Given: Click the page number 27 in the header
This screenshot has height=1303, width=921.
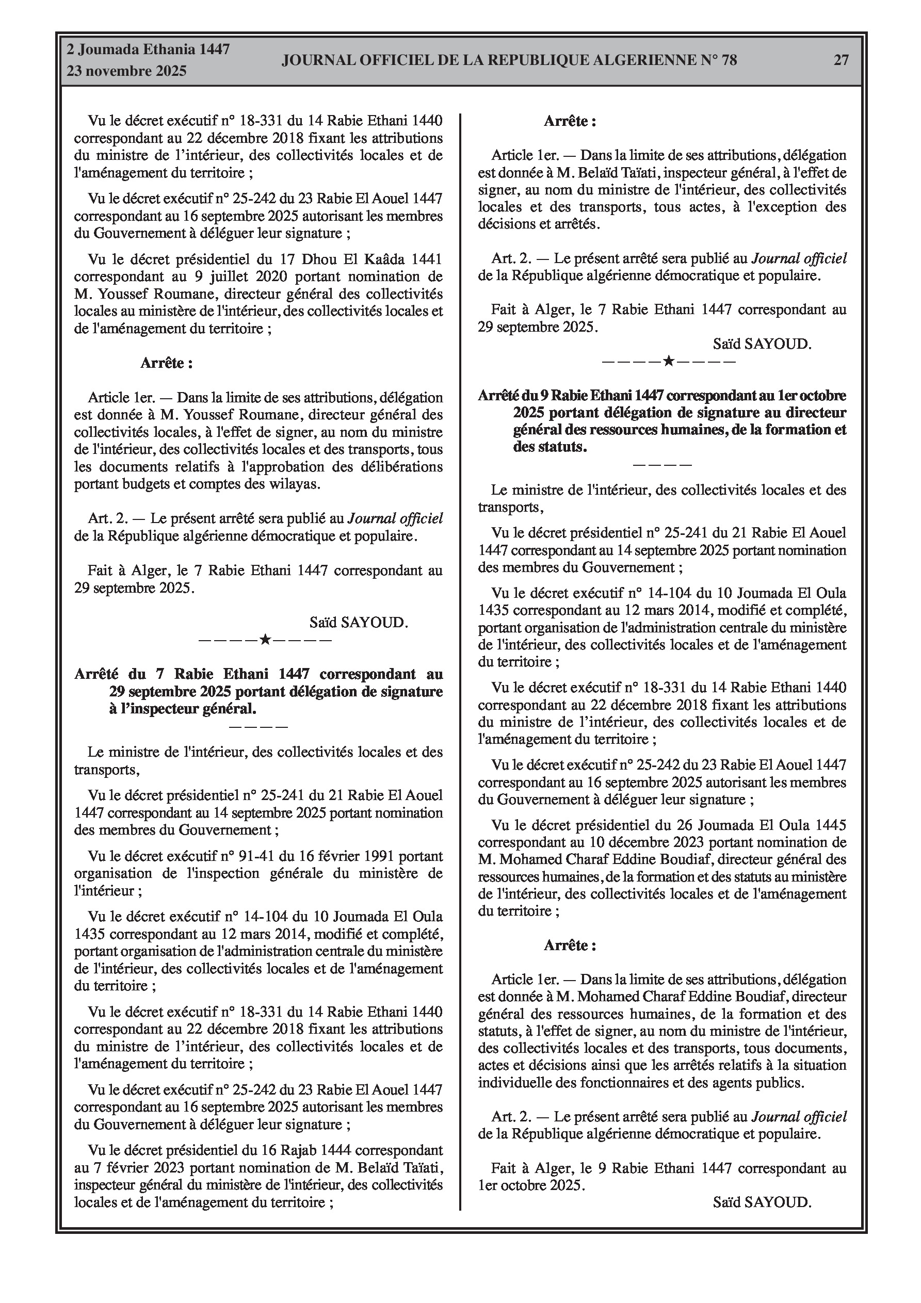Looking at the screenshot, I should (x=841, y=60).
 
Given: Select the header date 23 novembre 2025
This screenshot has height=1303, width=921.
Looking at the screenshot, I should (x=126, y=72).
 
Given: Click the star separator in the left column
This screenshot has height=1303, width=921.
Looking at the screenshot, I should (x=265, y=640).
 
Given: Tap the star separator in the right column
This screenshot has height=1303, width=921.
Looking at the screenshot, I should (x=668, y=361).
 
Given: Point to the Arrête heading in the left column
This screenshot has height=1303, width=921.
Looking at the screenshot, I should (x=166, y=363).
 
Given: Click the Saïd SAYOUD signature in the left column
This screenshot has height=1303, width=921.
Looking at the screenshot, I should (x=359, y=623).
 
